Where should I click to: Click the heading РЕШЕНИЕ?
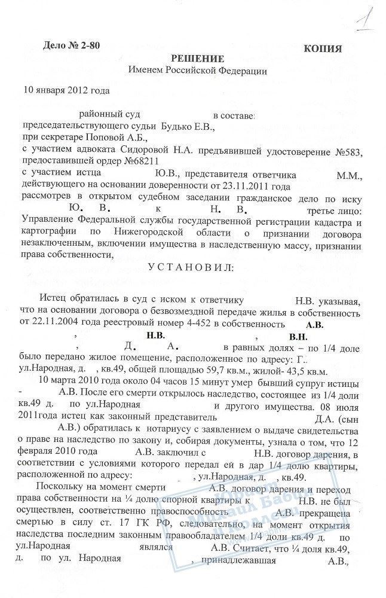click(198, 59)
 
